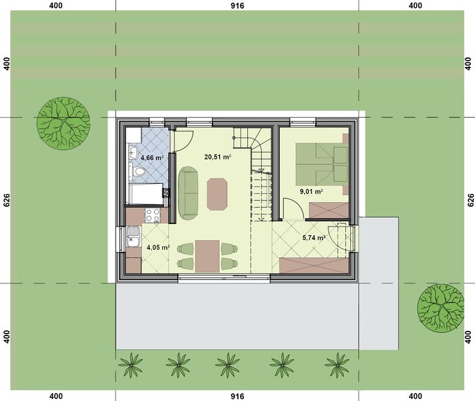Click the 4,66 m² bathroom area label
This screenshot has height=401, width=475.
pos(150,158)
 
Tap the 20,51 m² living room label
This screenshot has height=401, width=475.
pos(217,157)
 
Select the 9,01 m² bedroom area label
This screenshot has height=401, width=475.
pos(311,192)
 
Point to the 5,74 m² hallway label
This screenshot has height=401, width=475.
pos(313,237)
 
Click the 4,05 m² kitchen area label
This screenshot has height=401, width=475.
pos(158,248)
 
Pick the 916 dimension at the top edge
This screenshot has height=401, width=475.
pos(236,5)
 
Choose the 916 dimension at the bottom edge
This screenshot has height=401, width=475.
pos(236,396)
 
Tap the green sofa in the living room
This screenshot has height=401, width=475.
pos(188,192)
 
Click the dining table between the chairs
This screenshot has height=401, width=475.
pos(207,255)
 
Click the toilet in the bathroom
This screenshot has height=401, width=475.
pos(139,173)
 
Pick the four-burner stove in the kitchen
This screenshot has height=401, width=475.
pos(152,215)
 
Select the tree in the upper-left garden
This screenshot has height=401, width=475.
pos(63,122)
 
